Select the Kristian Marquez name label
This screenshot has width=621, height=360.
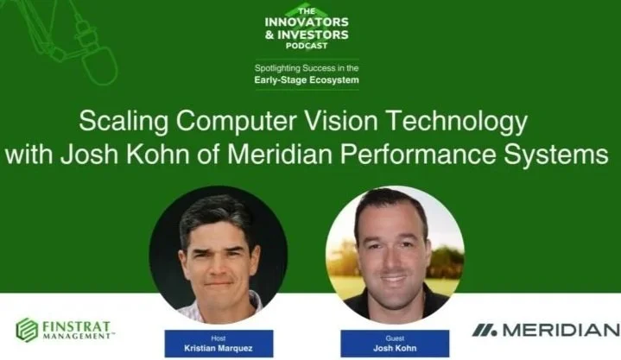tap(218, 349)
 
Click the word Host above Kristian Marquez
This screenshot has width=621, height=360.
tap(218, 338)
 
